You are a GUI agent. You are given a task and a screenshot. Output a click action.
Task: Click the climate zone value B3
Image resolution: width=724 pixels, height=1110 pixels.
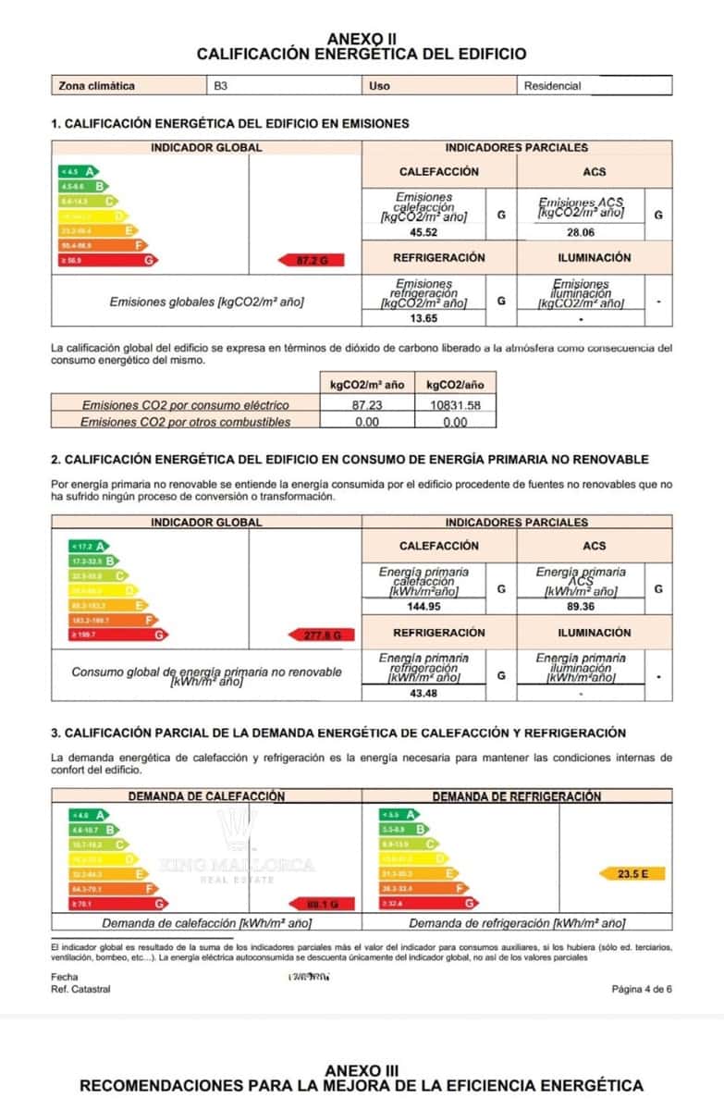(221, 86)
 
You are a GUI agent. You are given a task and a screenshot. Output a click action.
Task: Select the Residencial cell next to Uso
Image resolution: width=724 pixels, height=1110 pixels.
(553, 86)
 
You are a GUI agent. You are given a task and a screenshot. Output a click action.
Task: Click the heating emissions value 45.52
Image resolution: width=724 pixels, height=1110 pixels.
(424, 232)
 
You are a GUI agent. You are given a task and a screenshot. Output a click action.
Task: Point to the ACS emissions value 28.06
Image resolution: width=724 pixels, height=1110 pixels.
(581, 232)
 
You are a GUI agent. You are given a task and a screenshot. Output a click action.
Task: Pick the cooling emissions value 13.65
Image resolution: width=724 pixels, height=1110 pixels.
(424, 318)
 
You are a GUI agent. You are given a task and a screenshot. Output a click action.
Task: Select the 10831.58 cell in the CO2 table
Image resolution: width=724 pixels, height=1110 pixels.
(455, 404)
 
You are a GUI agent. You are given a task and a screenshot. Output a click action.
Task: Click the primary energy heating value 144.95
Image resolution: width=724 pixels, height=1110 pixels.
(424, 607)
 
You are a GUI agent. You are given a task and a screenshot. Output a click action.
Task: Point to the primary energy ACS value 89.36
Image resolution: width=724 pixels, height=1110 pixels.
(581, 607)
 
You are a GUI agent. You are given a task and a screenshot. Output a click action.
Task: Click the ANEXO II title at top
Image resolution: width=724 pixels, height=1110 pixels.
(362, 39)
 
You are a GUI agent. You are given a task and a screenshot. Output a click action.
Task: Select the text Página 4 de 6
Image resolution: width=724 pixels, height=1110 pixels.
(642, 989)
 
